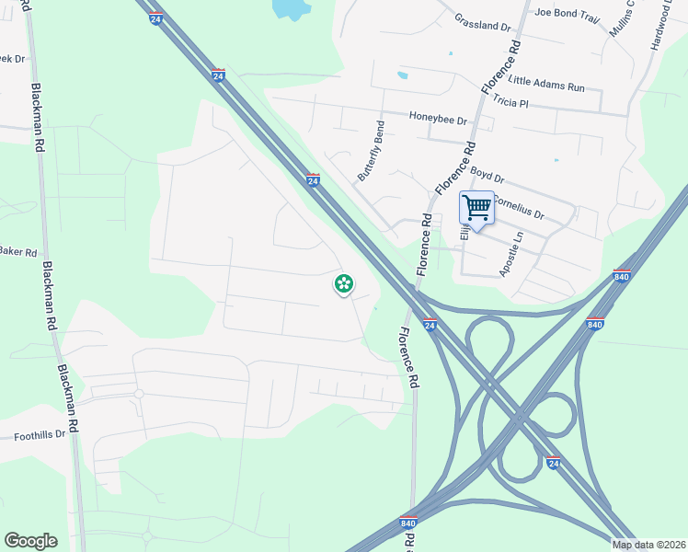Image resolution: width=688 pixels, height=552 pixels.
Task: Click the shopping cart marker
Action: tap(476, 207)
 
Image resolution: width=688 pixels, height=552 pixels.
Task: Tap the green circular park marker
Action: tap(344, 284)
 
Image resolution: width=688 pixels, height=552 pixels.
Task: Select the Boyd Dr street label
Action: tap(487, 175)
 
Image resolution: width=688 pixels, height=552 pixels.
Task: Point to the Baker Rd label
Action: tap(17, 251)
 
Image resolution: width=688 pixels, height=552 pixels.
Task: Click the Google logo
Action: tap(30, 541)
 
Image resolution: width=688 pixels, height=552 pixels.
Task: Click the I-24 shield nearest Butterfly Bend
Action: tap(313, 180)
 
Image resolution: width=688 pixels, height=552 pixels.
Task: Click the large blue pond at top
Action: tap(291, 9)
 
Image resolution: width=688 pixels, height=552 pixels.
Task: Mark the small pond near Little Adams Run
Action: tap(402, 75)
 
